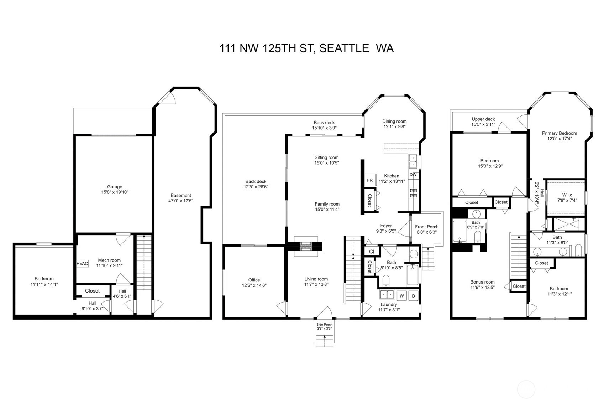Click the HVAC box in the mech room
click(82, 264)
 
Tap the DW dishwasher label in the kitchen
click(413, 175)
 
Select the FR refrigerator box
click(370, 180)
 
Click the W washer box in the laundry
click(402, 296)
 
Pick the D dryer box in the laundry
click(413, 296)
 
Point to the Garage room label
click(115, 187)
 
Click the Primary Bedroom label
click(559, 133)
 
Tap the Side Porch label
click(324, 325)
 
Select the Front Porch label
click(427, 227)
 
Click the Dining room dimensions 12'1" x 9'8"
click(394, 126)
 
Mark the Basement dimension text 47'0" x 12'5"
click(181, 201)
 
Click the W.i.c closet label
click(567, 195)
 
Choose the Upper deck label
click(483, 119)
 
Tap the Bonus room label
click(482, 282)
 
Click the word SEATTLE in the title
click(344, 48)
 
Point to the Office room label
click(254, 280)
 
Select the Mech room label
click(109, 260)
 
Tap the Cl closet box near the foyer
click(372, 252)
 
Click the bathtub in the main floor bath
click(413, 275)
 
